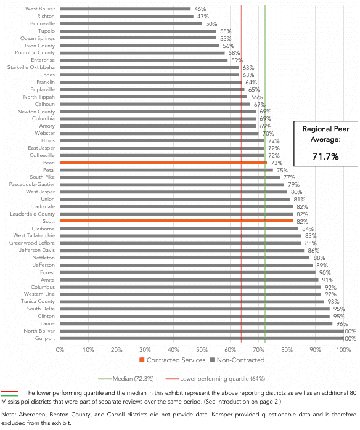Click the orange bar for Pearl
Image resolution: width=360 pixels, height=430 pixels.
point(163,163)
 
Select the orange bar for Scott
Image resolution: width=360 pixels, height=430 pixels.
point(176,221)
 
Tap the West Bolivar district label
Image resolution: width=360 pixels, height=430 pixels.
point(40,9)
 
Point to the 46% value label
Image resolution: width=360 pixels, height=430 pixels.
point(200,9)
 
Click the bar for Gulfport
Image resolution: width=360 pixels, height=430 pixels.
point(202,338)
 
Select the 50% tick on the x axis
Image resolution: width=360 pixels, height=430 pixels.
point(202,350)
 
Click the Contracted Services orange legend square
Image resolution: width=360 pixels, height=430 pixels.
point(142,360)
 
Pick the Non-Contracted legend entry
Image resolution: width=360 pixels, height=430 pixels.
point(237,360)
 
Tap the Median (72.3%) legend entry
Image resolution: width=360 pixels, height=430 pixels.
point(126,379)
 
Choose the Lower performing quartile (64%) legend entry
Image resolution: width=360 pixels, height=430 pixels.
point(215,379)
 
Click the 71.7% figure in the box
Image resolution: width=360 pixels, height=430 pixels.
point(325,156)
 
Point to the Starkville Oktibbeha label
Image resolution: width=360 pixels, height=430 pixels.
point(31,67)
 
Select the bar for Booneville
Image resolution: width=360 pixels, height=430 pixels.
point(131,23)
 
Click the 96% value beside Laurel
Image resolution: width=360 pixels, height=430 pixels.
point(342,324)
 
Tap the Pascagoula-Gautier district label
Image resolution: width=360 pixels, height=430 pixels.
point(32,184)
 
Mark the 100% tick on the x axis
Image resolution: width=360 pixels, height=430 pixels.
point(344,350)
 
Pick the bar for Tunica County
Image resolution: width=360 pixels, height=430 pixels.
point(192,302)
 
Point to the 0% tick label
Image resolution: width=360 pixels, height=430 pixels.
point(60,350)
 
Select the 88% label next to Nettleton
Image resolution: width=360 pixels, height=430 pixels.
point(319,258)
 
